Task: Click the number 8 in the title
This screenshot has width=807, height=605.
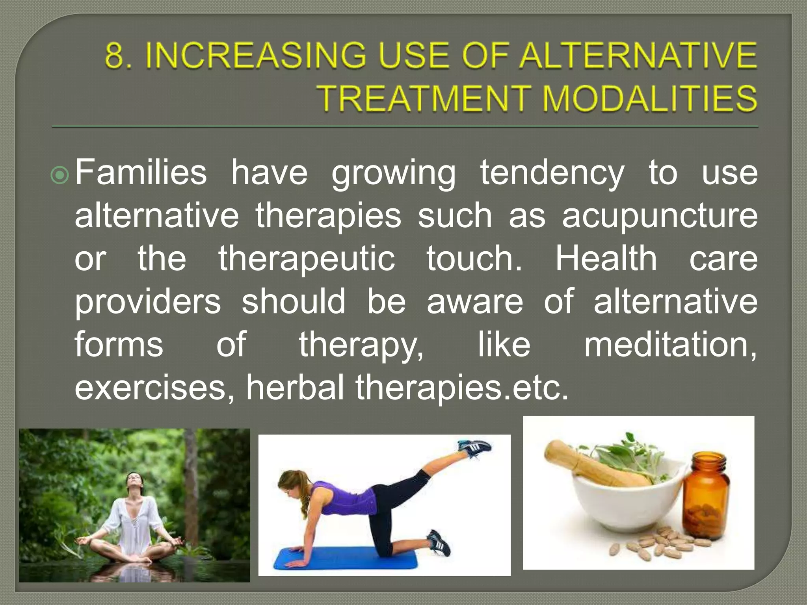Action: click(114, 56)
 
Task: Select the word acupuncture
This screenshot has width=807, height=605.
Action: click(659, 216)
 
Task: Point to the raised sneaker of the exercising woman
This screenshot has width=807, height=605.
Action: click(475, 448)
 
